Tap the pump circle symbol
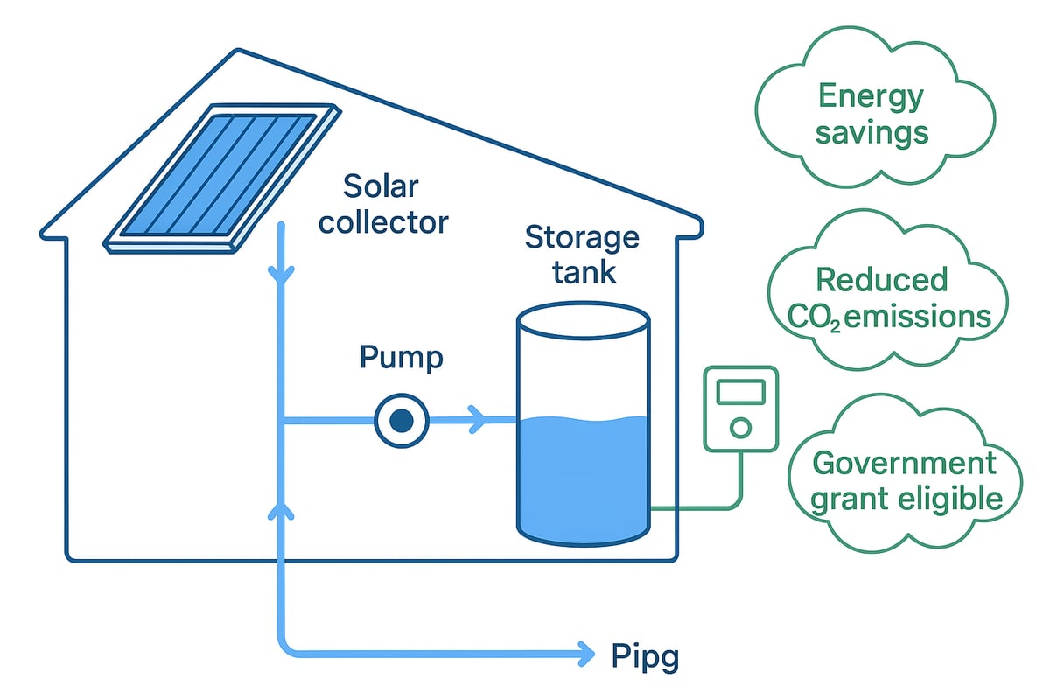coord(401,421)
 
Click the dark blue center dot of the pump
coord(401,421)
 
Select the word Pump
coord(400,358)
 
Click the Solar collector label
coord(382,204)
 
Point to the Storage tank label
coord(582,254)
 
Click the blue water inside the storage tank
coord(583,472)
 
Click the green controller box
coord(740,409)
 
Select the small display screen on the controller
coord(740,392)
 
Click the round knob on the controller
coord(740,428)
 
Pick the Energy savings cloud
coord(871,114)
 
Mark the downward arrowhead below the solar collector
coord(281,274)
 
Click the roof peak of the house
coord(236,52)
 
